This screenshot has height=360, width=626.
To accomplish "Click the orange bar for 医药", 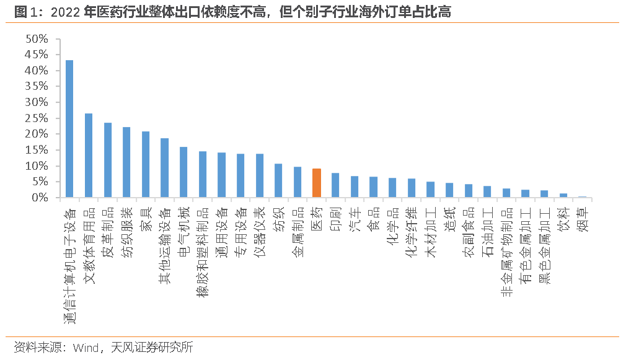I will click(x=316, y=183).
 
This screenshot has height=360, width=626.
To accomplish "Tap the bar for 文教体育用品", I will click(x=89, y=156).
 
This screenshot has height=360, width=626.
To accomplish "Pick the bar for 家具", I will click(x=146, y=164).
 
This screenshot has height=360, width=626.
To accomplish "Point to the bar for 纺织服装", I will click(x=126, y=162).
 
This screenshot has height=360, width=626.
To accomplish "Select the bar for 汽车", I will click(x=355, y=187).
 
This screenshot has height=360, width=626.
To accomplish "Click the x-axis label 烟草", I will click(x=583, y=219).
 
